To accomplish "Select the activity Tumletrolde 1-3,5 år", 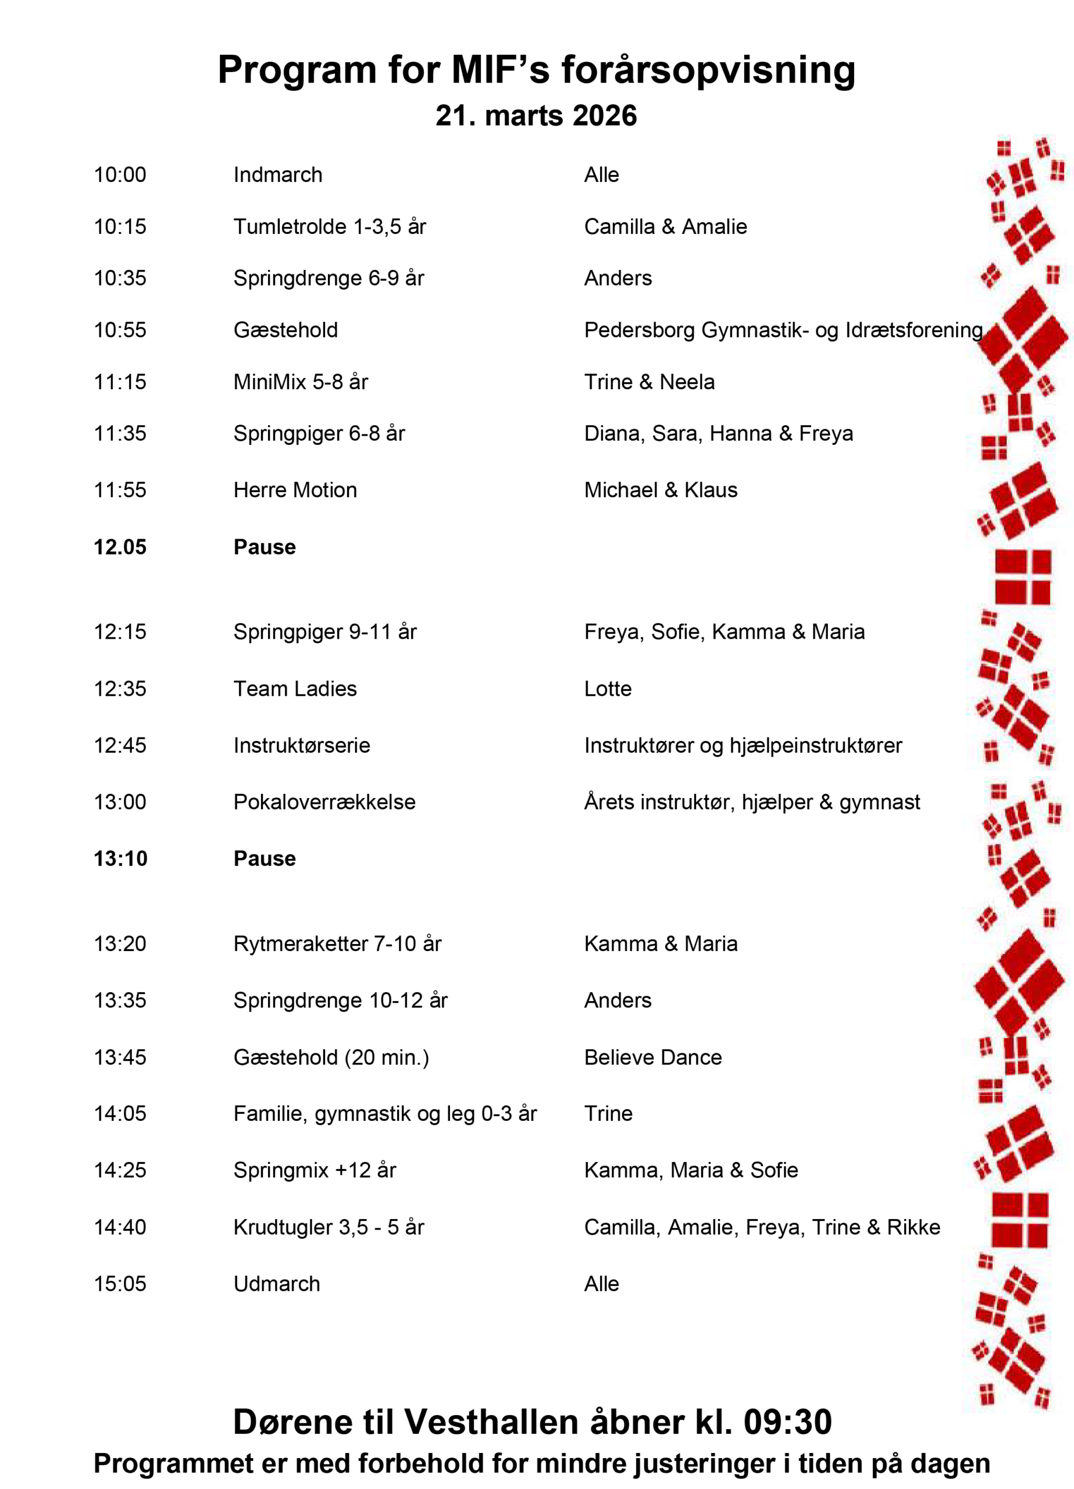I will pos(330,226).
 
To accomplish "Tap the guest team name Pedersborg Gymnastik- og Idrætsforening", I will pos(783,330).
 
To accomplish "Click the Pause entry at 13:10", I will pos(265,859).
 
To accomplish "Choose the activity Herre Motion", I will pos(295,490).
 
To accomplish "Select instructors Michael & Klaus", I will pos(661,490).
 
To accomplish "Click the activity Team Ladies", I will pos(295,689).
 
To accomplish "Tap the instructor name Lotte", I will pos(607,689).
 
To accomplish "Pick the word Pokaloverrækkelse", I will pos(324,802).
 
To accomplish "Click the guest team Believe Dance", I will pos(652,1057).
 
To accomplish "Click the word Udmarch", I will pos(276,1284).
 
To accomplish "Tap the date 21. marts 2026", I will pos(536,116).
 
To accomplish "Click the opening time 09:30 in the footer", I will pos(787,1422).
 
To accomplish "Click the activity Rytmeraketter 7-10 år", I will pos(337,943).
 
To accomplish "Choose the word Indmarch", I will pos(278,174).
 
